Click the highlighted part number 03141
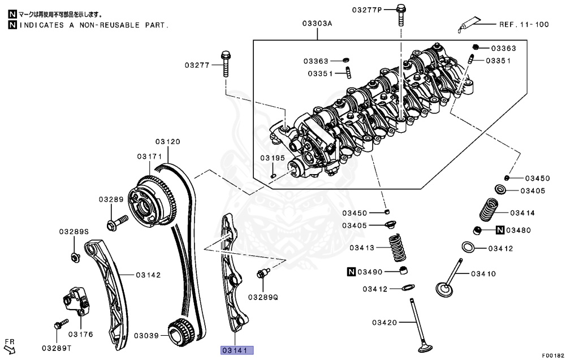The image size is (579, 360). (237, 350)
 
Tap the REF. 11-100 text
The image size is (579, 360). (524, 24)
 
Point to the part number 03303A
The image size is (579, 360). (317, 24)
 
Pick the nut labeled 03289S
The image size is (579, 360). (75, 258)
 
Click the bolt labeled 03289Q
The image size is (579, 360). (262, 274)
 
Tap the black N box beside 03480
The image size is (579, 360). (500, 230)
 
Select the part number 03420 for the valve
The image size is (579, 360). (385, 323)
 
